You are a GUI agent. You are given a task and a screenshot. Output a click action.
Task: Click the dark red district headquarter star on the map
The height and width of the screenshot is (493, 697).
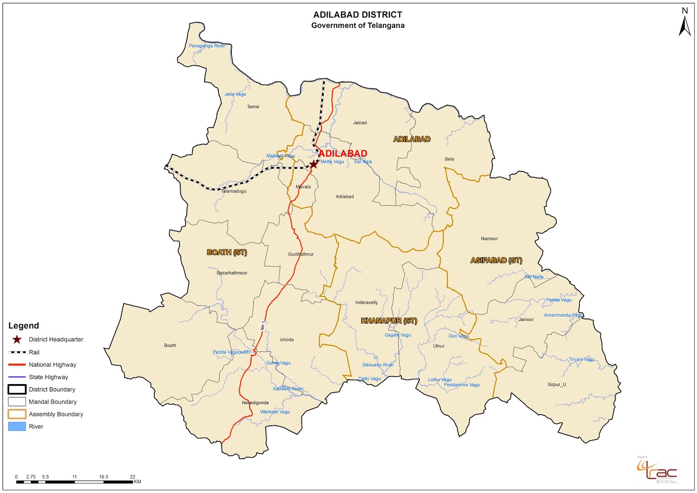click(x=313, y=164)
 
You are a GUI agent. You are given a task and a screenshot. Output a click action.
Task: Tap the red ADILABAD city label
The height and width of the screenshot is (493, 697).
click(x=343, y=153)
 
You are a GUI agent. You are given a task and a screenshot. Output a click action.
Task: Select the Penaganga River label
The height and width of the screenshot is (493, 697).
click(x=207, y=46)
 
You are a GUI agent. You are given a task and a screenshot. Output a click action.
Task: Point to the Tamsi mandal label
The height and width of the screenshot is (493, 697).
click(x=253, y=107)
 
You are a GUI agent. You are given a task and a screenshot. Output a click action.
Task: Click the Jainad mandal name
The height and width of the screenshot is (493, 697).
click(x=360, y=123)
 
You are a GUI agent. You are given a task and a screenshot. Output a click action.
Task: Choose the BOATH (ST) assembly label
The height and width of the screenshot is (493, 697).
click(x=227, y=252)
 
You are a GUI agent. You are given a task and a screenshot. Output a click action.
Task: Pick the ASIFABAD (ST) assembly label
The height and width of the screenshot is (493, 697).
click(x=496, y=260)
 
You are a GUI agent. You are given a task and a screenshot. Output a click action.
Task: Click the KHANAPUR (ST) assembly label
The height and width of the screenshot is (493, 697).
click(x=389, y=321)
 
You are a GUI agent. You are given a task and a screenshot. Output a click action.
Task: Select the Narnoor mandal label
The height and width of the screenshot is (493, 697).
click(x=489, y=239)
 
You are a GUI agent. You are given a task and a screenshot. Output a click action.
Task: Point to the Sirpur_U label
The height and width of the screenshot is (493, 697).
click(x=557, y=384)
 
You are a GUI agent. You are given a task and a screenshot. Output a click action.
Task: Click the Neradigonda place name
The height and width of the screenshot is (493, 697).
click(x=255, y=403)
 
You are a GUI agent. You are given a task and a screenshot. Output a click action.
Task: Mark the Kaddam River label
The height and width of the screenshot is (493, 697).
click(x=288, y=389)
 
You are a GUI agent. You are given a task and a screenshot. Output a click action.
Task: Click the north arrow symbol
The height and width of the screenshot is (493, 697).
click(x=685, y=24)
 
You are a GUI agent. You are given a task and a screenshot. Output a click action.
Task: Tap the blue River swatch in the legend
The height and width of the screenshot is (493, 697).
click(x=17, y=426)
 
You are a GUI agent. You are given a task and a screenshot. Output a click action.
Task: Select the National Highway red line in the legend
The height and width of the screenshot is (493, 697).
click(x=17, y=365)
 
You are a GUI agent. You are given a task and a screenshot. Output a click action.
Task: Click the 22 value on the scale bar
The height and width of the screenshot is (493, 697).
click(x=132, y=477)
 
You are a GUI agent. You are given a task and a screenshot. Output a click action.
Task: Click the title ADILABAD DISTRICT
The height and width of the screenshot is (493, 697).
click(x=358, y=15)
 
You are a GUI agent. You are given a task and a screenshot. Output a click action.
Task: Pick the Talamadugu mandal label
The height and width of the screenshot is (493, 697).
click(x=234, y=191)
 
